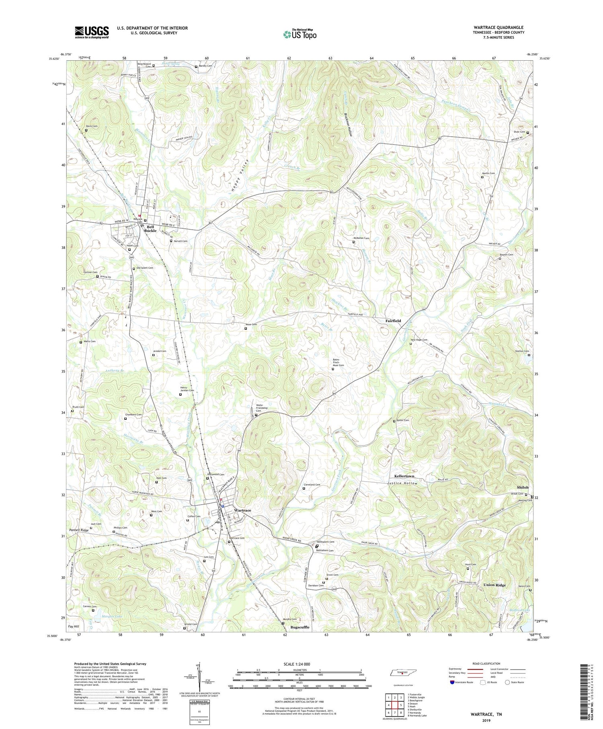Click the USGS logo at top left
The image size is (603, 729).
point(92,32)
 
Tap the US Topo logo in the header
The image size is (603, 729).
point(299,35)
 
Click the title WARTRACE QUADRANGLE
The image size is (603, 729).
point(498,27)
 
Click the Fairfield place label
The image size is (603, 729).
point(393,321)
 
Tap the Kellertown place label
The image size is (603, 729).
point(404,476)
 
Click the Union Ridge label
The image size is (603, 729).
point(494,585)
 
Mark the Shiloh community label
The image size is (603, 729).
point(523,487)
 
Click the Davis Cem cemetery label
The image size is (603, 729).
point(92,126)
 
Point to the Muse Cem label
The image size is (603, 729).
point(251,324)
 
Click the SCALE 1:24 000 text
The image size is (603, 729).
point(299,664)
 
